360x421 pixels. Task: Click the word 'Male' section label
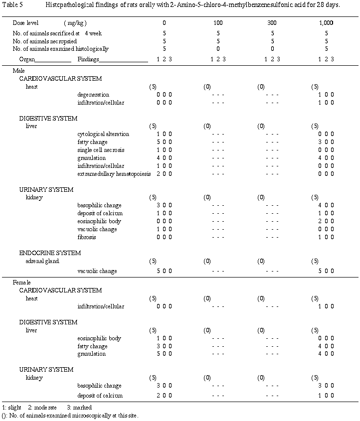pos(18,71)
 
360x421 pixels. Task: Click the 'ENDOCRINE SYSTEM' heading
pos(50,253)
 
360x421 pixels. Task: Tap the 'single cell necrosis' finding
pos(101,150)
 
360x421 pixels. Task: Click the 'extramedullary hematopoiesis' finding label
pos(114,174)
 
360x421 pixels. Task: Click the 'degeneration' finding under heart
pos(93,95)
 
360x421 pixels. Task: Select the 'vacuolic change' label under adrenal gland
pos(97,272)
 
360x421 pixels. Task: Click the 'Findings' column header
pos(89,59)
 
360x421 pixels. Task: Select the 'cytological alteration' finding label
pos(103,134)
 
